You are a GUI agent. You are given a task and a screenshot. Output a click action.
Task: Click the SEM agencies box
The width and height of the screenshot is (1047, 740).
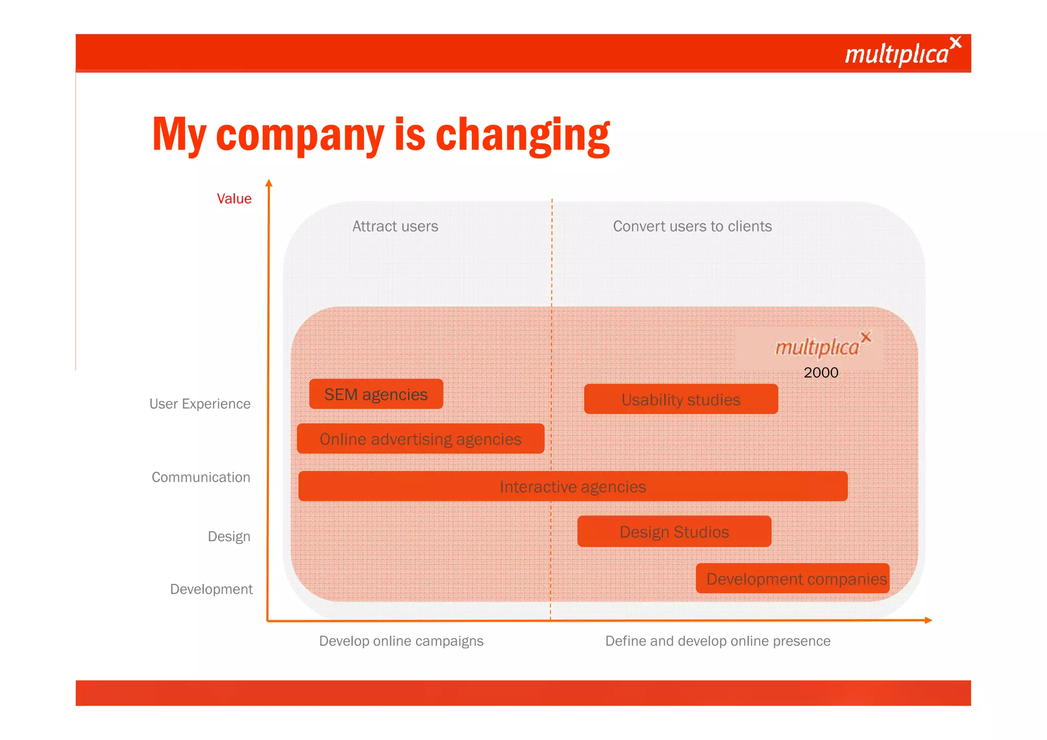pyautogui.click(x=376, y=394)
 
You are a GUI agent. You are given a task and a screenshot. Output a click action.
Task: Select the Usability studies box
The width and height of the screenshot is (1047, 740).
pyautogui.click(x=680, y=399)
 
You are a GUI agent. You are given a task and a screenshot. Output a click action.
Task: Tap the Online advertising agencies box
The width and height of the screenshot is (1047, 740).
pyautogui.click(x=420, y=439)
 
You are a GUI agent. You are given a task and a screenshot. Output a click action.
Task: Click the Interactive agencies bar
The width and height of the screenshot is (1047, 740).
pyautogui.click(x=573, y=486)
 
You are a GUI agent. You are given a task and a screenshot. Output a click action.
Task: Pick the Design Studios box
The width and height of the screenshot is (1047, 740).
pyautogui.click(x=674, y=532)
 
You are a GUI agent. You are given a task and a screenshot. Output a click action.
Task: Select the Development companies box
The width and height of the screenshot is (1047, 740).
pyautogui.click(x=793, y=579)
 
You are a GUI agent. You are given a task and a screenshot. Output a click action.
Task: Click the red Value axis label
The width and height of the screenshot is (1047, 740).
pyautogui.click(x=234, y=199)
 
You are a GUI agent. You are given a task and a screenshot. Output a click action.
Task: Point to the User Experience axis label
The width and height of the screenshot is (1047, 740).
pyautogui.click(x=200, y=404)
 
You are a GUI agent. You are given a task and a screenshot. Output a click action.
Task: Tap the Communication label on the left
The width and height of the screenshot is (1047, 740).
pyautogui.click(x=201, y=477)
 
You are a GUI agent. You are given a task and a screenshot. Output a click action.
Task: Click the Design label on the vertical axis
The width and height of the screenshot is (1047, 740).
pyautogui.click(x=229, y=536)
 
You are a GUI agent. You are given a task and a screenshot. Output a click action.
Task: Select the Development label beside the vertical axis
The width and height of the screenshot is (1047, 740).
pyautogui.click(x=211, y=589)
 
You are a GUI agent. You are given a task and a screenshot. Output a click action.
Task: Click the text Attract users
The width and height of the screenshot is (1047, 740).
pyautogui.click(x=395, y=226)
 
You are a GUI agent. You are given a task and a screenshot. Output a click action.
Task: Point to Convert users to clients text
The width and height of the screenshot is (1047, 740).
pyautogui.click(x=692, y=226)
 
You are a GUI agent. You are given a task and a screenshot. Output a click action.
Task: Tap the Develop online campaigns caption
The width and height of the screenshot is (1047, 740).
pyautogui.click(x=401, y=641)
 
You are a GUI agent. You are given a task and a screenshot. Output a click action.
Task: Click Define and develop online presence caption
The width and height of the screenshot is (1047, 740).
pyautogui.click(x=718, y=641)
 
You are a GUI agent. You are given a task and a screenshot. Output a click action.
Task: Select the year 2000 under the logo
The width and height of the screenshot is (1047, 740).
pyautogui.click(x=821, y=372)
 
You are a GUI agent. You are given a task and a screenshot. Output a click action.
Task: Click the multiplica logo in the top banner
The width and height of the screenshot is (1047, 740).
pyautogui.click(x=902, y=52)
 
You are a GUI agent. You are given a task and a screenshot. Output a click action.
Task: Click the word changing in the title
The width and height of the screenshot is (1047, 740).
pyautogui.click(x=522, y=135)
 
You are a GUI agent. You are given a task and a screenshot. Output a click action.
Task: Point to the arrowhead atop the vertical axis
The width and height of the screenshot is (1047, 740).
pyautogui.click(x=269, y=183)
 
